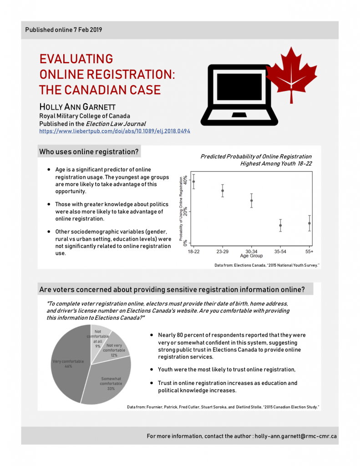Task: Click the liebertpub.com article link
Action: pos(114,131)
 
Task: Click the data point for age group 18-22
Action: pos(193,182)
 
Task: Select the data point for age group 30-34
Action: pos(251,201)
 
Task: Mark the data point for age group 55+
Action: pos(309,223)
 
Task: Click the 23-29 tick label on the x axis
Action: pos(223,251)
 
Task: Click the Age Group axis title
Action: pos(251,256)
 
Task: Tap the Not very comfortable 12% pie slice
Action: pos(115,348)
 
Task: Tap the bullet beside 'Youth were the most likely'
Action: pos(151,370)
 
